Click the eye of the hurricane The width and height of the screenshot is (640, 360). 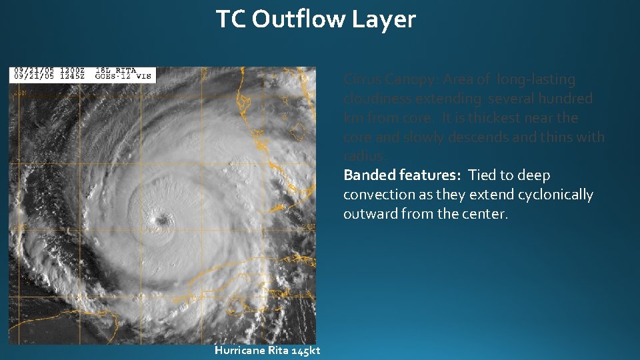tap(161, 219)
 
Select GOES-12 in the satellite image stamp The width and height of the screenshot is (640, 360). tap(117, 77)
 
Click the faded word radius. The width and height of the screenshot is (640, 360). tap(364, 156)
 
